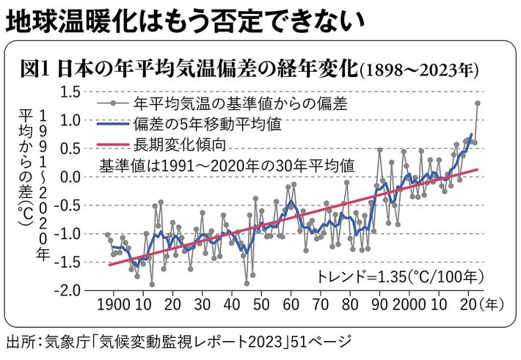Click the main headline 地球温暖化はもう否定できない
click(184, 23)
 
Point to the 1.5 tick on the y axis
click(70, 92)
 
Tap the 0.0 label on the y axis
click(70, 177)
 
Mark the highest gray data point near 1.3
click(478, 103)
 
